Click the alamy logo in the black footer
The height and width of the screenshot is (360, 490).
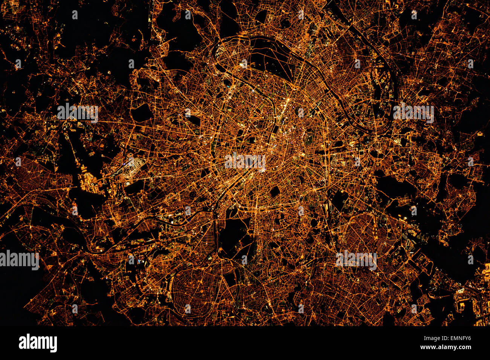coord(38,343)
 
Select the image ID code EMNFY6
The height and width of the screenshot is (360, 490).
coord(458,338)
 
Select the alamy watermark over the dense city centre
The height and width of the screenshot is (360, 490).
coord(245,162)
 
